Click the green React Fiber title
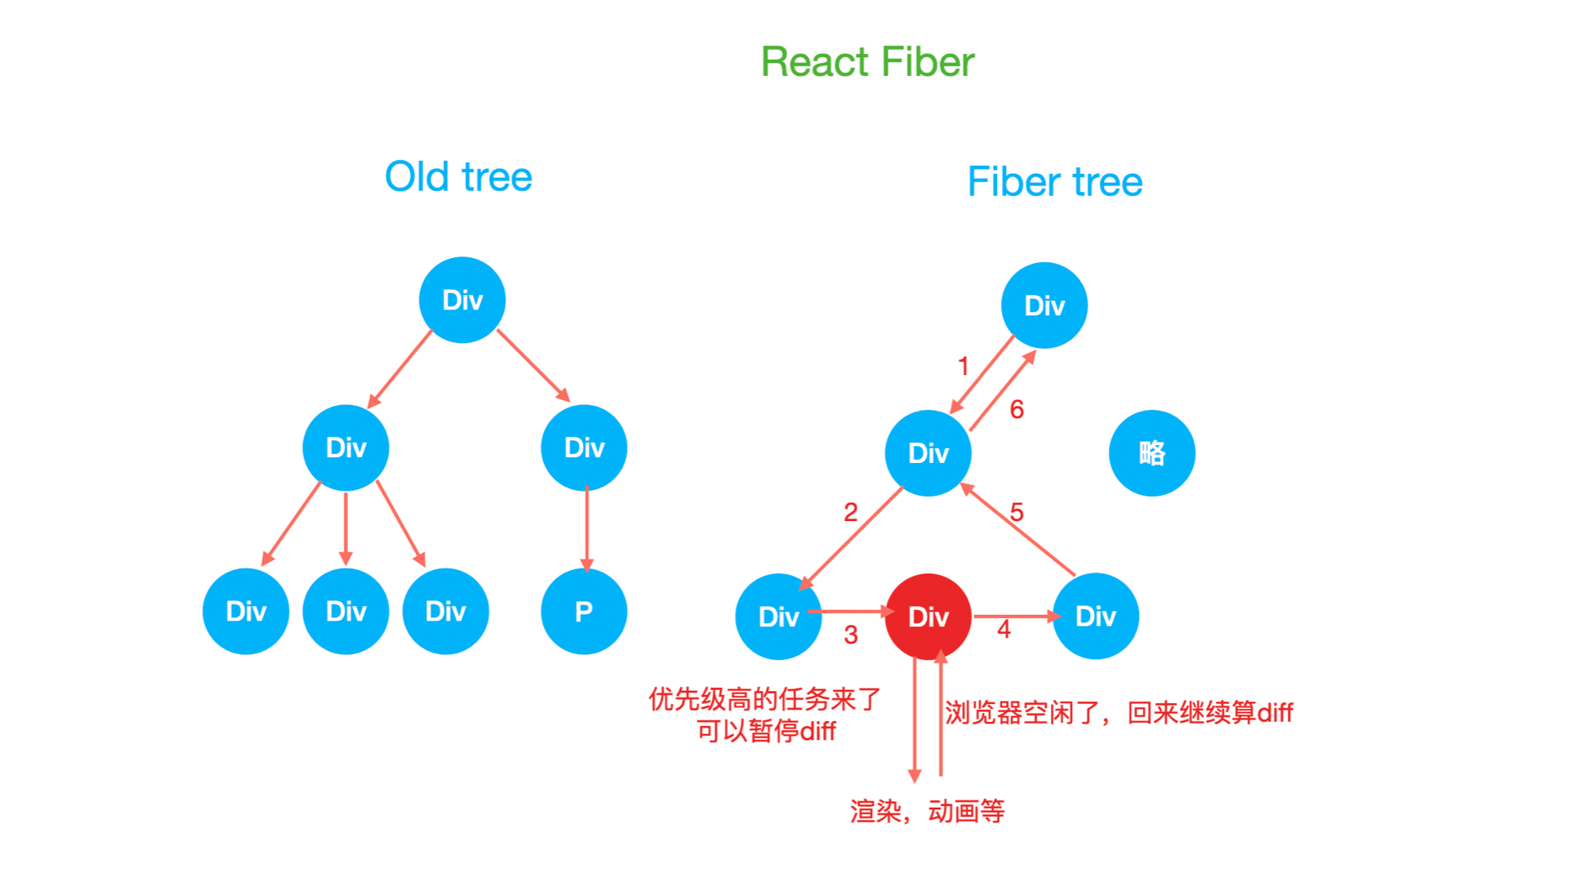(x=868, y=62)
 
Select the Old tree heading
(x=458, y=176)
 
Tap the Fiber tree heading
(x=1055, y=181)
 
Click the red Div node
(x=928, y=617)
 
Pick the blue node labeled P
(x=584, y=611)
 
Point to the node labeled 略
(x=1152, y=452)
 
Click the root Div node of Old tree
(x=463, y=300)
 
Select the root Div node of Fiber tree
(x=1044, y=305)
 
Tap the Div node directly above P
(x=584, y=448)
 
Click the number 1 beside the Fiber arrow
(x=963, y=366)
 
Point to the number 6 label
(x=1017, y=409)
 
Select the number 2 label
(x=851, y=512)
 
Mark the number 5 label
(x=1017, y=512)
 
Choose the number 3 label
(x=851, y=635)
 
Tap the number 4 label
(x=1004, y=630)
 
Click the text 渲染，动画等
(x=928, y=811)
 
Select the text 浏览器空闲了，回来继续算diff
(x=1119, y=713)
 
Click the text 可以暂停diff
(x=766, y=731)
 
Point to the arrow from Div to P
(x=587, y=530)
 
